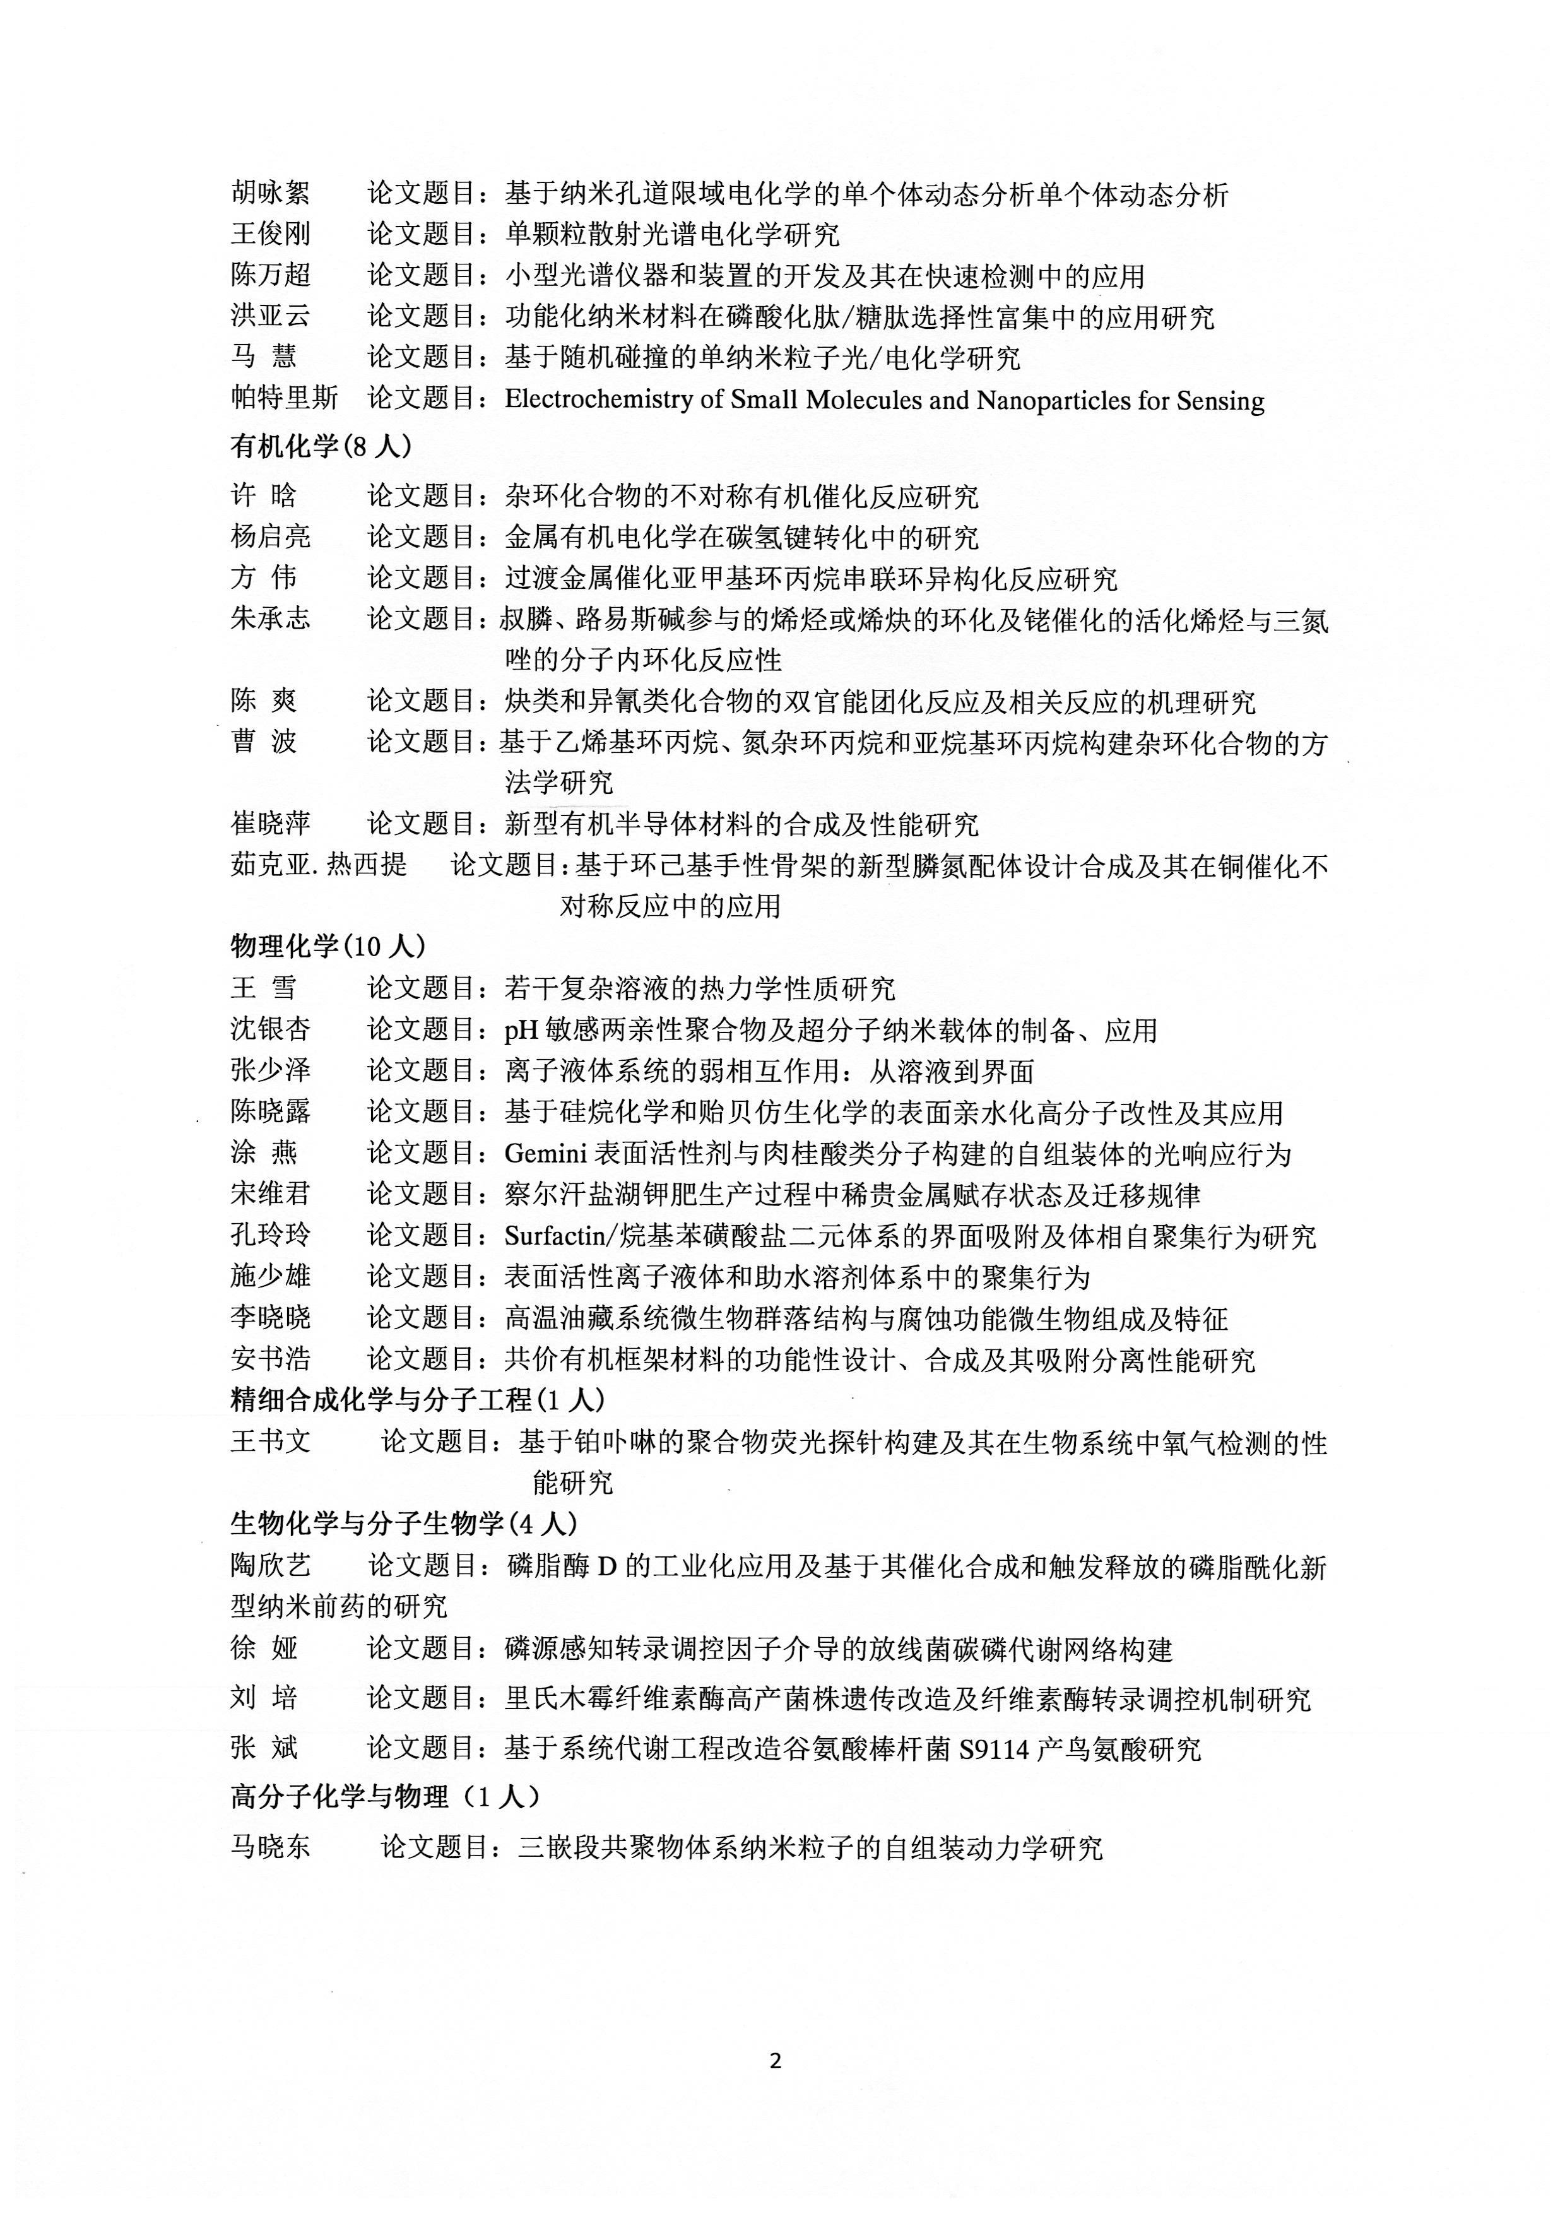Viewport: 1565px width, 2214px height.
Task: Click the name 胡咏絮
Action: (x=270, y=194)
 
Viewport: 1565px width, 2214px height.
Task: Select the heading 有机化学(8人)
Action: (x=321, y=446)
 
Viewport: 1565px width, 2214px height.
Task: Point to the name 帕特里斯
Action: (x=285, y=400)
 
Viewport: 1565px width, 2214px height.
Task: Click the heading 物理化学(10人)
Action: (x=328, y=946)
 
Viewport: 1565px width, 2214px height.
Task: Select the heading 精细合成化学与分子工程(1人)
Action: (x=416, y=1399)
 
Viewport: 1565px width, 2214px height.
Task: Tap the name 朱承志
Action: (x=270, y=617)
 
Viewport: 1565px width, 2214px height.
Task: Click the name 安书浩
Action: (x=270, y=1359)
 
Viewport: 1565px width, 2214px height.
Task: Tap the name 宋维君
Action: (x=270, y=1195)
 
